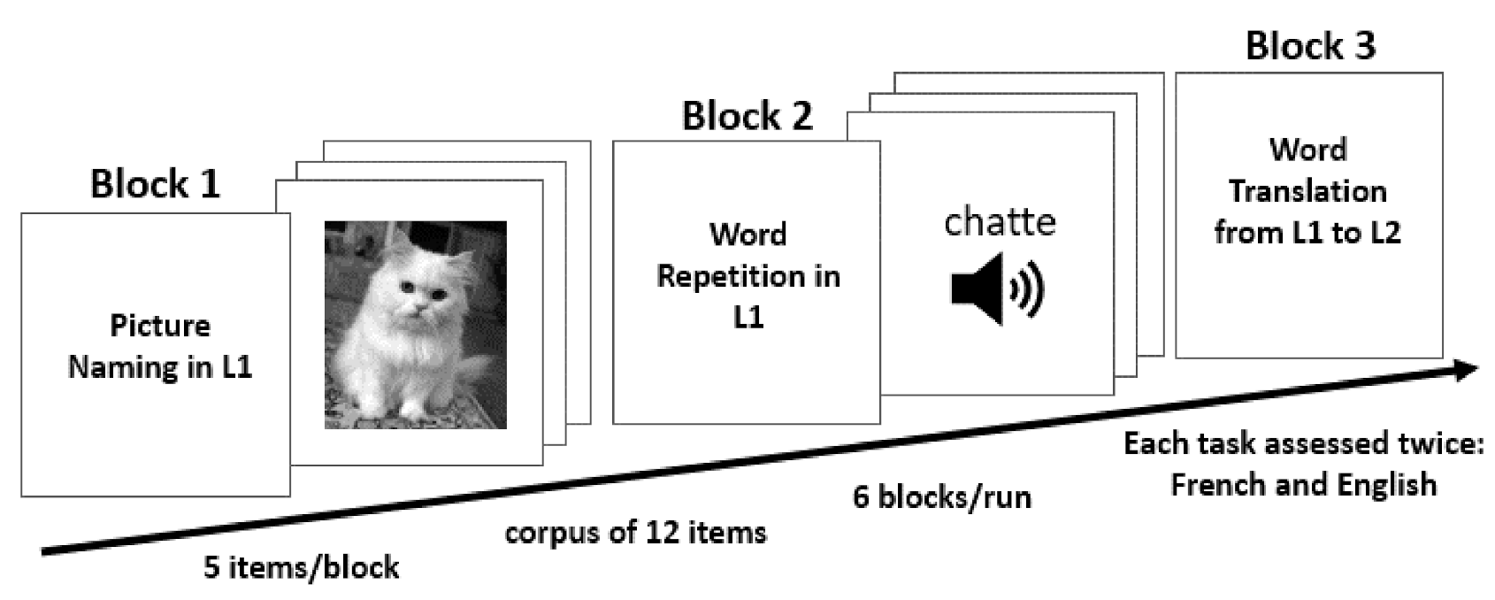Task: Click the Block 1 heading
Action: click(155, 184)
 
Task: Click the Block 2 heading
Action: click(747, 116)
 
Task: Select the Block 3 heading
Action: click(1310, 46)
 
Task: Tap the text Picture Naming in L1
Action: click(160, 346)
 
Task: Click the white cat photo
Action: click(415, 325)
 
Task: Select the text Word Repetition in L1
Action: click(747, 275)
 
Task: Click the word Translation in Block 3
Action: click(1307, 190)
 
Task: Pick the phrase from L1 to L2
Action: click(1307, 233)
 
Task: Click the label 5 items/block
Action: click(301, 566)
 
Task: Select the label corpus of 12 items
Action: click(635, 533)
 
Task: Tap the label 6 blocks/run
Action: click(941, 496)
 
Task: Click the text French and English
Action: click(1303, 484)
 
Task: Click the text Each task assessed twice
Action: click(1303, 443)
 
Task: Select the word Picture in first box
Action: click(160, 326)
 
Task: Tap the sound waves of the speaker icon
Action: click(1031, 288)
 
